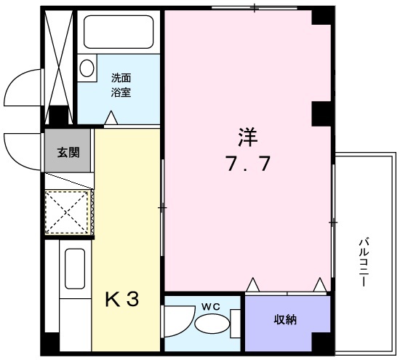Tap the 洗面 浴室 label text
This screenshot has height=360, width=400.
coord(121,84)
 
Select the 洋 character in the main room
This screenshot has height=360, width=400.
coord(246,136)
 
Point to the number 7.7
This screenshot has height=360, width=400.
coord(247,164)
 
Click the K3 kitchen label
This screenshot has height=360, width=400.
coord(124,298)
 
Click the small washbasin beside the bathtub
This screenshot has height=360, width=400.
coord(87,69)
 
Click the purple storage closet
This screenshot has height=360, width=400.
coord(284,324)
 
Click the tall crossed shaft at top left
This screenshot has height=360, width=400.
coord(58,57)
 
